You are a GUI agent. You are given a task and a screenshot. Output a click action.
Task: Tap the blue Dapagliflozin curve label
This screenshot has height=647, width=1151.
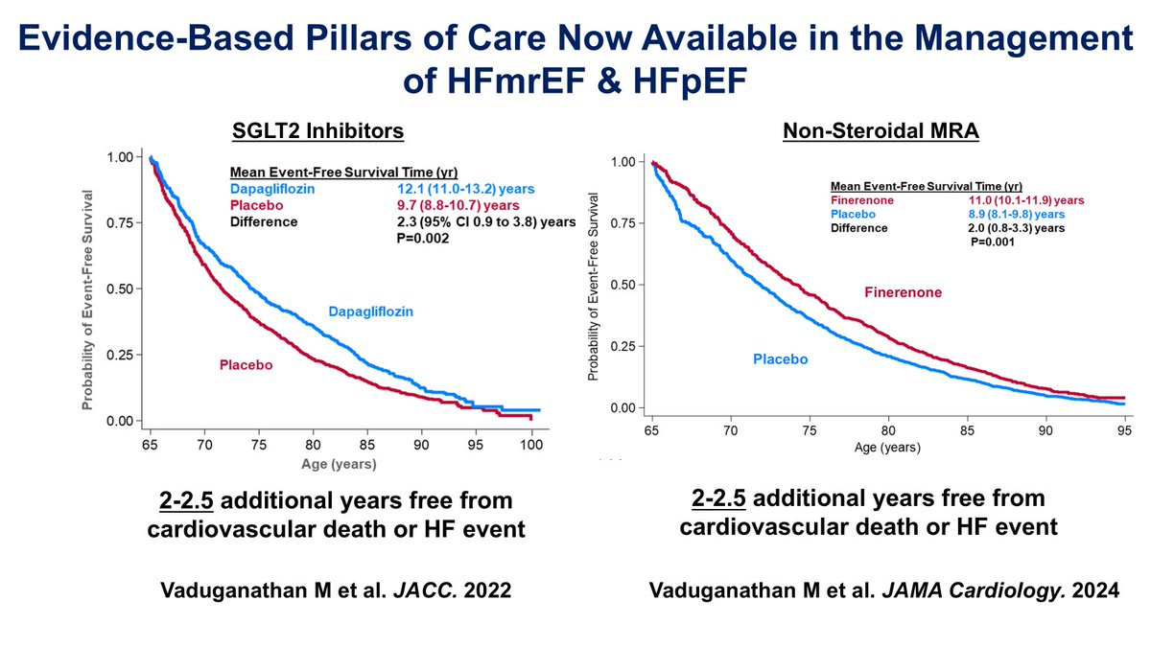point(375,312)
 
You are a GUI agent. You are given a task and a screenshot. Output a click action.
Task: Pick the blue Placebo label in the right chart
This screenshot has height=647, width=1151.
point(779,359)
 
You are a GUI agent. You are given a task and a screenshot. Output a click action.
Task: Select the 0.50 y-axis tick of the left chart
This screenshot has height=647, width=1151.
point(127,289)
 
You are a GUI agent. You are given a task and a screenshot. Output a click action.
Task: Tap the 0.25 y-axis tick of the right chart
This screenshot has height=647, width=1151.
point(625,346)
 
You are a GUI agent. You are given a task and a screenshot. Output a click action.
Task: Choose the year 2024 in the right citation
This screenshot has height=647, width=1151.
point(1095,593)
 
